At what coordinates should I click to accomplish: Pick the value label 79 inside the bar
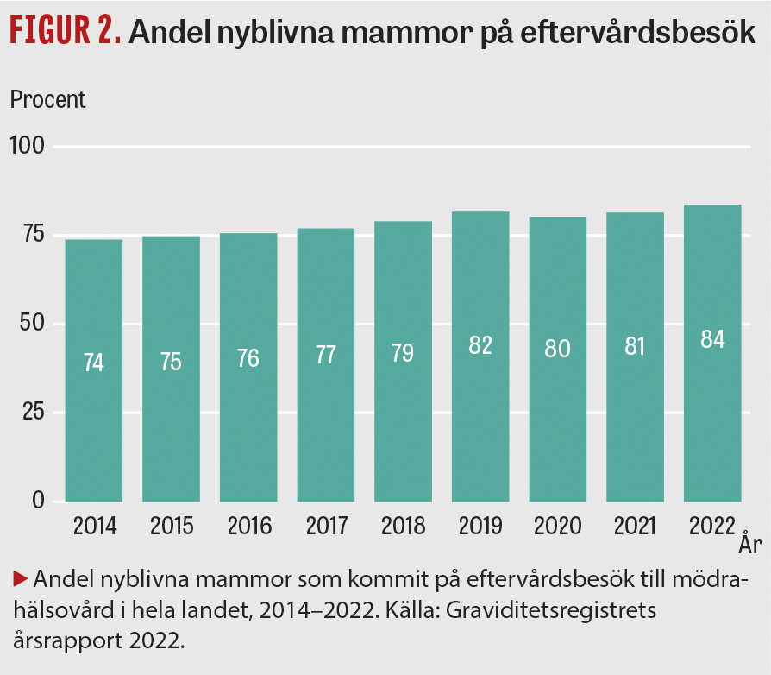tap(403, 353)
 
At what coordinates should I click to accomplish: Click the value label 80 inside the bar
tap(557, 349)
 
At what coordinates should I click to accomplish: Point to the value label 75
tap(171, 362)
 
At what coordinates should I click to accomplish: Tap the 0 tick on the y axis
tap(37, 501)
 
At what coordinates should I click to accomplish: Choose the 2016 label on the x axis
tap(248, 526)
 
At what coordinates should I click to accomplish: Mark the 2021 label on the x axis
tap(635, 526)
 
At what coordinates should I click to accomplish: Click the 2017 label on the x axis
tap(325, 526)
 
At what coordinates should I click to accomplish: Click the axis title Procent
tap(48, 99)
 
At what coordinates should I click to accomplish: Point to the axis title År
tap(749, 546)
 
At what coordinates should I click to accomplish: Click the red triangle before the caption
tap(18, 577)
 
